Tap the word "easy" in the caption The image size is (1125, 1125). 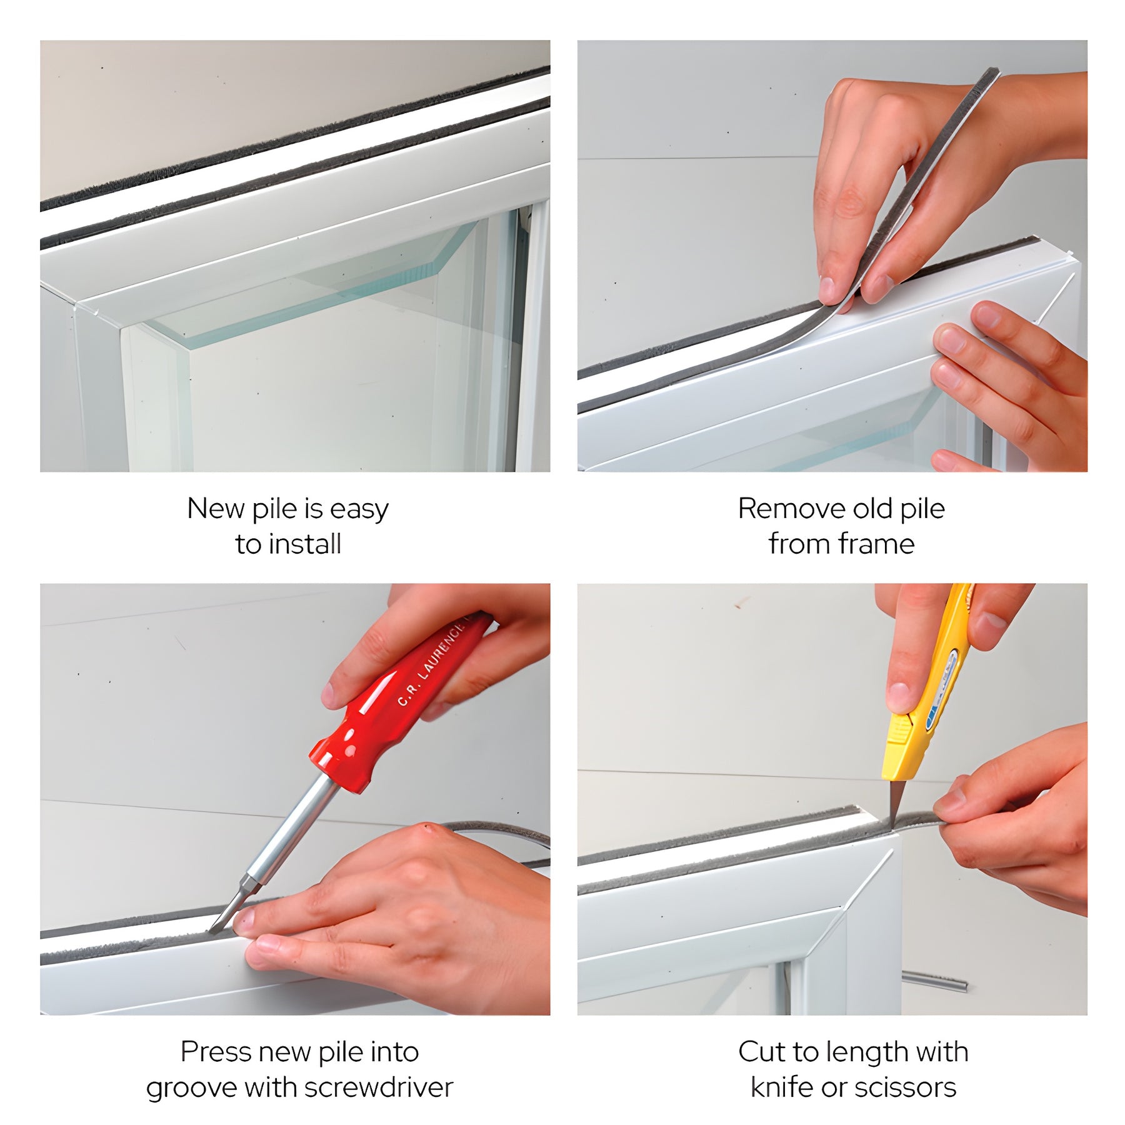359,510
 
